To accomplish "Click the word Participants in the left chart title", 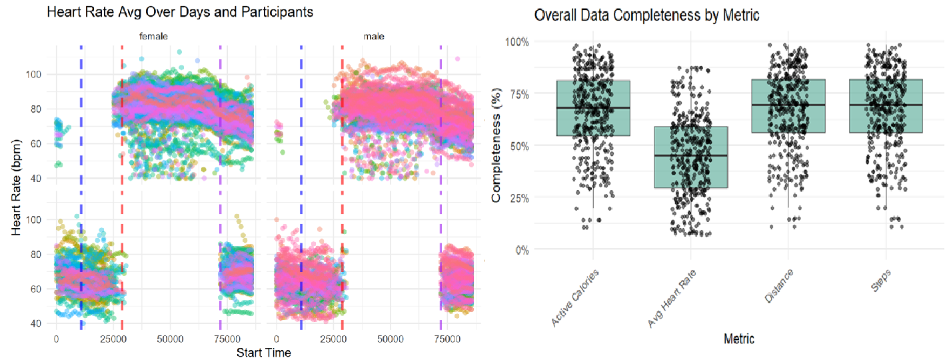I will tap(279, 12).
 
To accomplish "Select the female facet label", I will tap(153, 37).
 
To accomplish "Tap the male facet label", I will tap(373, 37).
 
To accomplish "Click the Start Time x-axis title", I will tap(263, 353).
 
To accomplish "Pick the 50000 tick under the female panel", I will tap(169, 339).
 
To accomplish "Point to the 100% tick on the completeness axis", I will tap(517, 41).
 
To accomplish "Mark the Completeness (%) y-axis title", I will tap(496, 145).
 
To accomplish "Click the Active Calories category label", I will tap(576, 297).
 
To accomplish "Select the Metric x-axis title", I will tap(738, 339).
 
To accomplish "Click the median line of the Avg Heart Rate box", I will tap(690, 155).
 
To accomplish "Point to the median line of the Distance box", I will tap(788, 105).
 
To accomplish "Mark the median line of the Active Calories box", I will tap(592, 107).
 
